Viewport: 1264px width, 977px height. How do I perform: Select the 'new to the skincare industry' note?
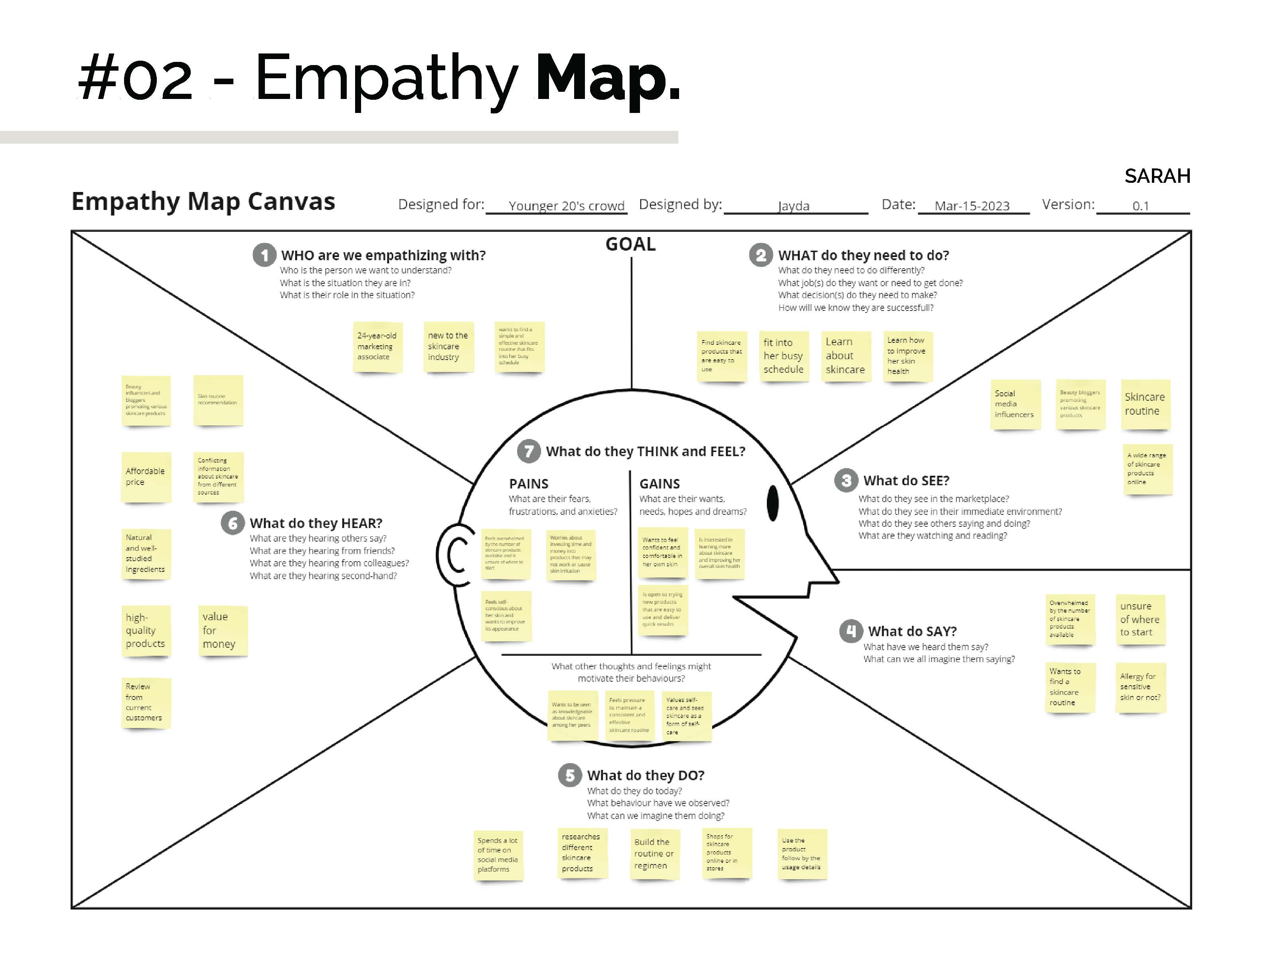pyautogui.click(x=448, y=347)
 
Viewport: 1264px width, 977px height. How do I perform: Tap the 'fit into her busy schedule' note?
pyautogui.click(x=784, y=356)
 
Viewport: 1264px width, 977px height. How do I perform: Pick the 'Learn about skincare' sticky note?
pyautogui.click(x=845, y=356)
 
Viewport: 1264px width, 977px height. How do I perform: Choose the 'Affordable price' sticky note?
pyautogui.click(x=146, y=477)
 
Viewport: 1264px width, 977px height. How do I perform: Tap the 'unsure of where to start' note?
pyautogui.click(x=1140, y=619)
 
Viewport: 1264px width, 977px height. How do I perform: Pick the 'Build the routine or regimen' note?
pyautogui.click(x=654, y=854)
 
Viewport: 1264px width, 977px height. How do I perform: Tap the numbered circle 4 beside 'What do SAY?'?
pyautogui.click(x=851, y=631)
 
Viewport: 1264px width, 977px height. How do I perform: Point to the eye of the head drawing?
pyautogui.click(x=772, y=504)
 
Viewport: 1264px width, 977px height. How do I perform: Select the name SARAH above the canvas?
pyautogui.click(x=1157, y=176)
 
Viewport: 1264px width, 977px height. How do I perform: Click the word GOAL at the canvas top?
pyautogui.click(x=630, y=244)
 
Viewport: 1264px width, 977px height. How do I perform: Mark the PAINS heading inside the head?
pyautogui.click(x=528, y=484)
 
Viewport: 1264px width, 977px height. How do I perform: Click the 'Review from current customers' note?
pyautogui.click(x=146, y=702)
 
